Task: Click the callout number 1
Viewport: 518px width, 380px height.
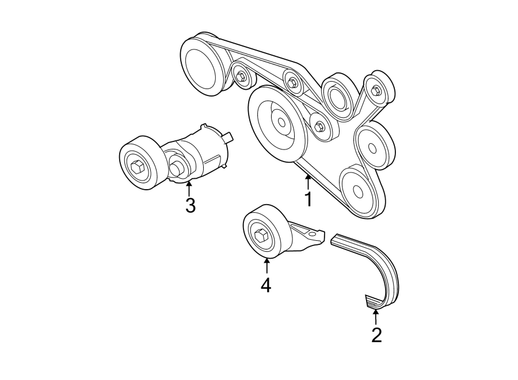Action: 308,200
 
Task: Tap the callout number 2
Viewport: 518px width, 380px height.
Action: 376,335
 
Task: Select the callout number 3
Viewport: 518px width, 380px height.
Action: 190,205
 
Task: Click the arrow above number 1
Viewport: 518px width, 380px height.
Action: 308,182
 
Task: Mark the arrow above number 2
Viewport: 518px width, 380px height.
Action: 376,317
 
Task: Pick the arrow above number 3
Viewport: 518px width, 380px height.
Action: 189,187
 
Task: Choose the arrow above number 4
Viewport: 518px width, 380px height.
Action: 266,266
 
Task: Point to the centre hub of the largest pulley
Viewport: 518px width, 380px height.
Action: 282,122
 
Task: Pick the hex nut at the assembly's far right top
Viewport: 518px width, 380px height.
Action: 377,90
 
